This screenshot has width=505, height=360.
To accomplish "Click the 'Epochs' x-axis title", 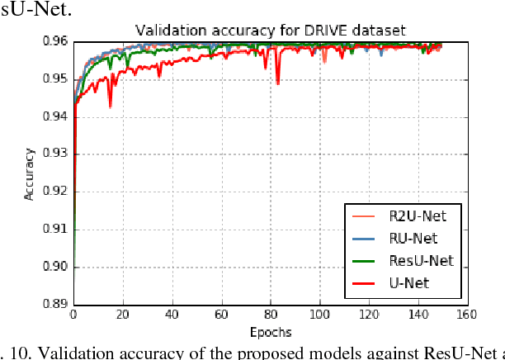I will [270, 331].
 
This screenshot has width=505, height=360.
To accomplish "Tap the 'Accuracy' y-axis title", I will [30, 173].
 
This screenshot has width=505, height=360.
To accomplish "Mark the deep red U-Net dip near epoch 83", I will [278, 83].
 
